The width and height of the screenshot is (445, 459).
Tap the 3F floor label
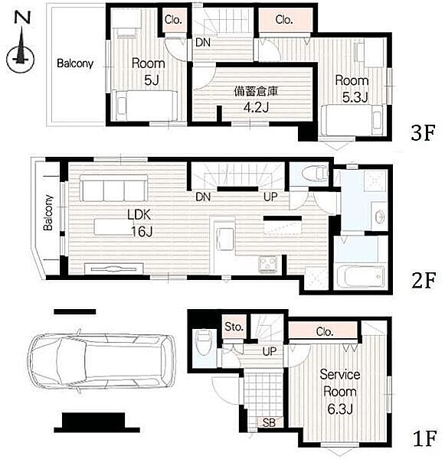(423, 132)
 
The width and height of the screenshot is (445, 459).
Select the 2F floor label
(424, 280)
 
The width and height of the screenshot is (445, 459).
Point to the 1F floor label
(425, 438)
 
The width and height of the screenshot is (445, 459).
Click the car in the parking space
(102, 362)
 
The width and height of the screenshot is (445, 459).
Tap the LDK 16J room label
(140, 223)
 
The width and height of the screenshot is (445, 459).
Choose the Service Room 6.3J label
(340, 392)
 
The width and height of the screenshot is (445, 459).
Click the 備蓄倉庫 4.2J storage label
(256, 99)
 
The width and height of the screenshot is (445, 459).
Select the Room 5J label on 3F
(149, 71)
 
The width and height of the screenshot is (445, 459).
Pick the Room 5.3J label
(352, 89)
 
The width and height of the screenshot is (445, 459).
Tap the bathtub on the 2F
(360, 277)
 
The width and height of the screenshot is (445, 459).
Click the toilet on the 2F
(315, 174)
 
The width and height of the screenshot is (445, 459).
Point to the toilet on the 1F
(204, 343)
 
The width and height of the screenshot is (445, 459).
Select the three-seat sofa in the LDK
(114, 188)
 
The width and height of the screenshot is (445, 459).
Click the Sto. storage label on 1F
(234, 327)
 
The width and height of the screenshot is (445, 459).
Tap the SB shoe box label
(269, 423)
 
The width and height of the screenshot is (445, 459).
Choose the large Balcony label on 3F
(75, 63)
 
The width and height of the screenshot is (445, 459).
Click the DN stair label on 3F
(203, 43)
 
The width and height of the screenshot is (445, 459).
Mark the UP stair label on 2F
(270, 197)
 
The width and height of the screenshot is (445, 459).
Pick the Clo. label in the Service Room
(325, 332)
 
